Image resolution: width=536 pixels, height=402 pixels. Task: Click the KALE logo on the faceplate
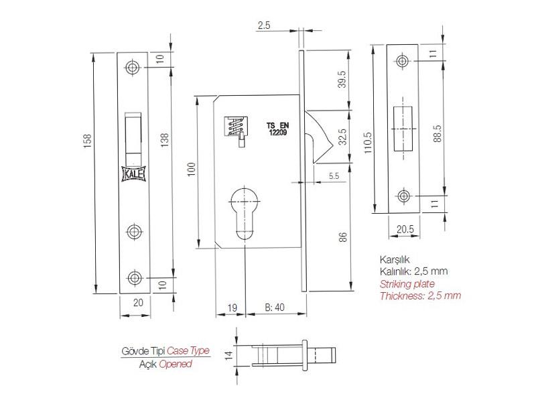pyautogui.click(x=134, y=174)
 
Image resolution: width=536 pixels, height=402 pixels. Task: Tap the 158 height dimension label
pyautogui.click(x=88, y=141)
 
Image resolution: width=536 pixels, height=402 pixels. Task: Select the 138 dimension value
pyautogui.click(x=165, y=140)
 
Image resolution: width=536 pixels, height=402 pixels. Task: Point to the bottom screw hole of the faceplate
pyautogui.click(x=135, y=277)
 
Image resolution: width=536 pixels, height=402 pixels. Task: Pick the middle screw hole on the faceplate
pyautogui.click(x=135, y=232)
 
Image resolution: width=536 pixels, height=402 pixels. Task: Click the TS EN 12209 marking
pyautogui.click(x=277, y=129)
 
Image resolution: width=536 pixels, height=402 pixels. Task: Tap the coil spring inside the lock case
pyautogui.click(x=236, y=127)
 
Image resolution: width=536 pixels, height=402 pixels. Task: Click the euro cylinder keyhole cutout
pyautogui.click(x=245, y=212)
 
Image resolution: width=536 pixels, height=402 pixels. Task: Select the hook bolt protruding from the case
pyautogui.click(x=319, y=137)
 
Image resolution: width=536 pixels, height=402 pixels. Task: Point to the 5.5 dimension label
pyautogui.click(x=334, y=176)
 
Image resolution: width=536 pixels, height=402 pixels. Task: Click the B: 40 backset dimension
pyautogui.click(x=275, y=308)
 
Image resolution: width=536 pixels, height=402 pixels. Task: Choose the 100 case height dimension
pyautogui.click(x=192, y=170)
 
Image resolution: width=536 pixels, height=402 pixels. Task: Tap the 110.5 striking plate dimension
pyautogui.click(x=367, y=143)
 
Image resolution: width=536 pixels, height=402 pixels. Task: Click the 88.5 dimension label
pyautogui.click(x=438, y=133)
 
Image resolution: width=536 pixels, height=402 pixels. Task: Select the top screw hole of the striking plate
pyautogui.click(x=403, y=61)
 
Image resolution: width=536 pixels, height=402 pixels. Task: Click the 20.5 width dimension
pyautogui.click(x=405, y=229)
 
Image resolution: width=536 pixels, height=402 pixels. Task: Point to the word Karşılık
pyautogui.click(x=395, y=260)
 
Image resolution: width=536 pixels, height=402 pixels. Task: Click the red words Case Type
pyautogui.click(x=188, y=350)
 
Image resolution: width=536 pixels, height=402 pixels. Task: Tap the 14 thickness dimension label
pyautogui.click(x=229, y=356)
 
